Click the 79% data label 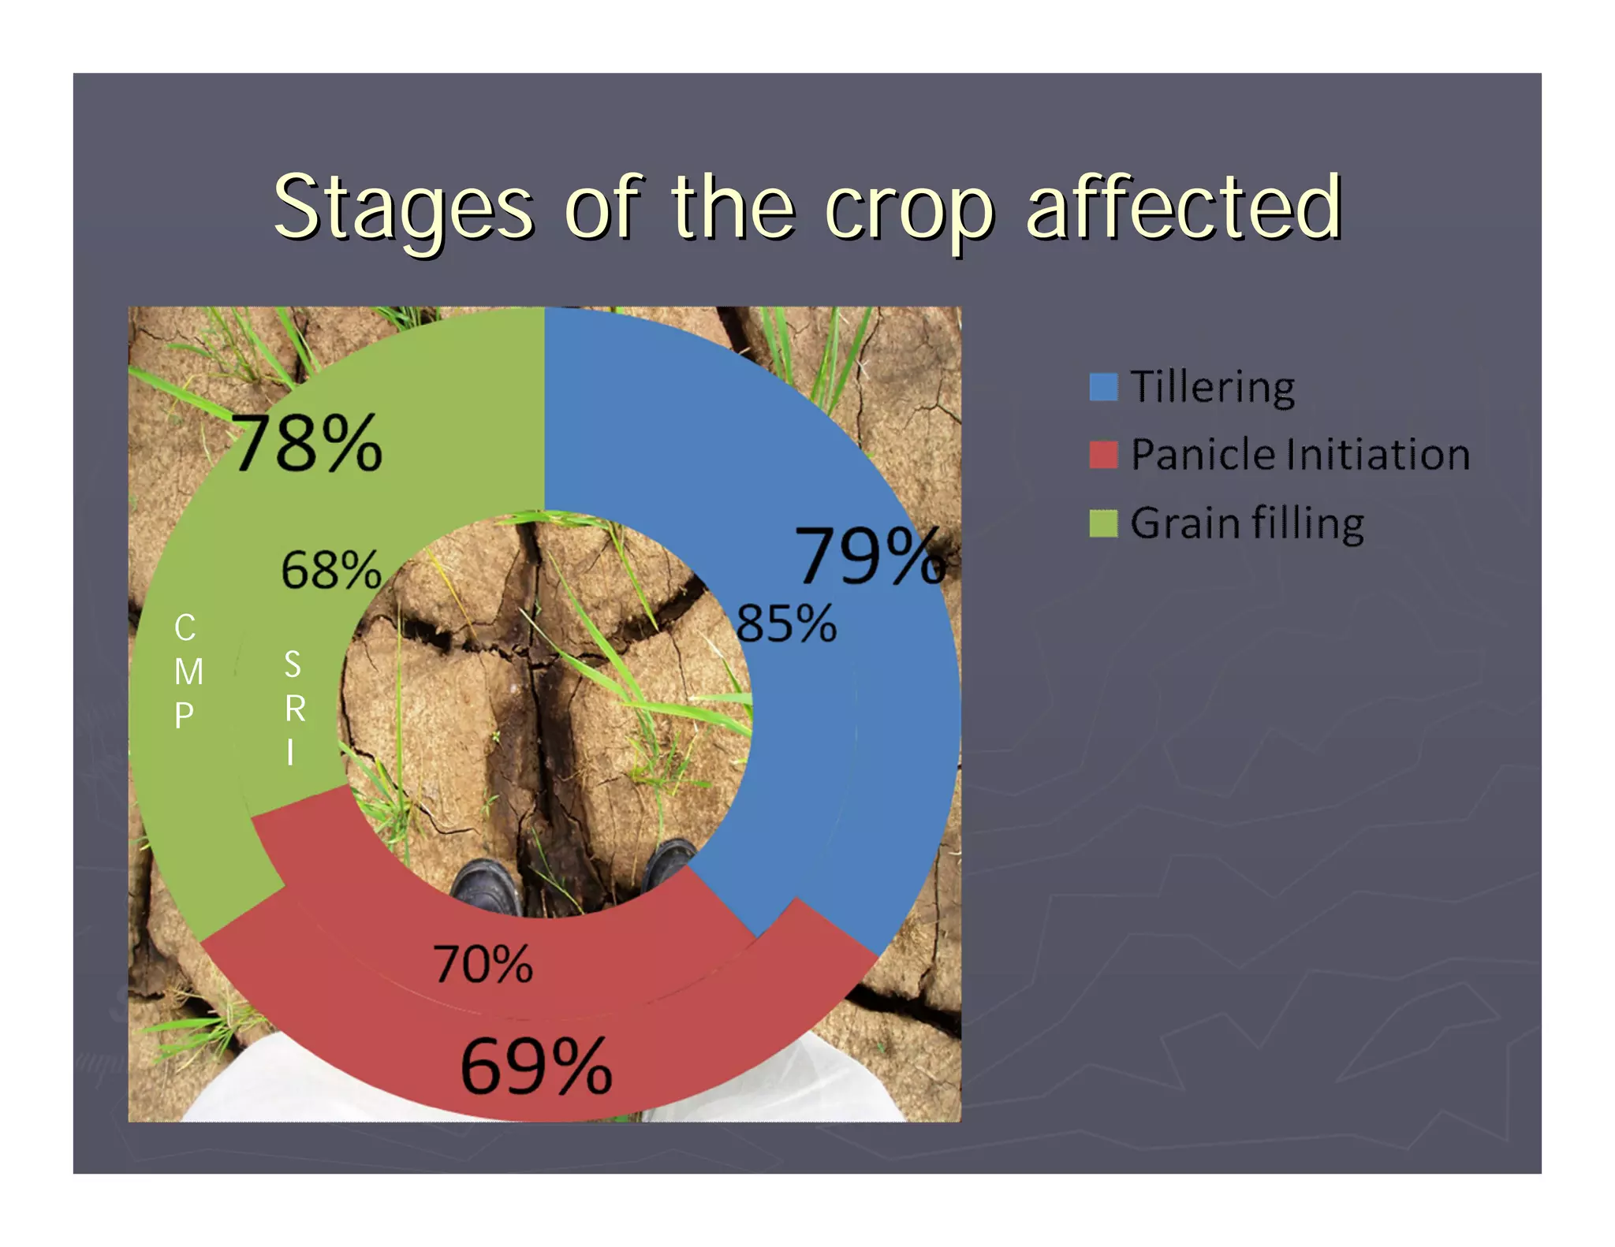(x=870, y=556)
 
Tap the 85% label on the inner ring (x=785, y=623)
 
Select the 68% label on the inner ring (x=330, y=570)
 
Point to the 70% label (x=483, y=964)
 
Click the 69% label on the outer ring (x=535, y=1066)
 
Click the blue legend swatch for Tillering (x=1102, y=387)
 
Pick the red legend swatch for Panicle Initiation (x=1102, y=455)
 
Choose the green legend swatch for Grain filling (x=1102, y=523)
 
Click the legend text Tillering (x=1212, y=387)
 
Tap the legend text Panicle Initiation (x=1300, y=455)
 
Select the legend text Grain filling (x=1247, y=523)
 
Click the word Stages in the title (x=403, y=208)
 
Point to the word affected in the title (x=1182, y=207)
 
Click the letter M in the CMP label (x=188, y=672)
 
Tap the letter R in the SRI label (x=295, y=709)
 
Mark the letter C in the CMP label (x=185, y=628)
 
